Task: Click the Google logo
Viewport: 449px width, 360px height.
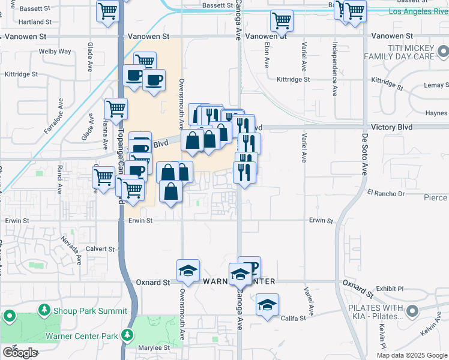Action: click(20, 353)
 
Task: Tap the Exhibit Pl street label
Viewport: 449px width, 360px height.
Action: click(390, 289)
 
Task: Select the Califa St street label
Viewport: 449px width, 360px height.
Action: click(294, 319)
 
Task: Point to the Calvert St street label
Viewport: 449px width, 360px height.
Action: click(100, 248)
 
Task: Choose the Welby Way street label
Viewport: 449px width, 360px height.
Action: click(55, 52)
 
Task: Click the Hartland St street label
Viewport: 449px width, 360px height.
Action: click(35, 22)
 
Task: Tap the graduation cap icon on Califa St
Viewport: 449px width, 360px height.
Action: click(267, 305)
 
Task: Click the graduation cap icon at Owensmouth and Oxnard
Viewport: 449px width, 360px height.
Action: click(188, 271)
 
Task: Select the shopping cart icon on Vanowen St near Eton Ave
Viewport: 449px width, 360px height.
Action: click(282, 21)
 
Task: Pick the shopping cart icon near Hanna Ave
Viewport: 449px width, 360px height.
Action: click(116, 109)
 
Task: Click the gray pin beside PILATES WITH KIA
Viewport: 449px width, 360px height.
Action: click(412, 311)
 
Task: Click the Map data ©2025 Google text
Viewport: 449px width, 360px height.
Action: click(411, 355)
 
